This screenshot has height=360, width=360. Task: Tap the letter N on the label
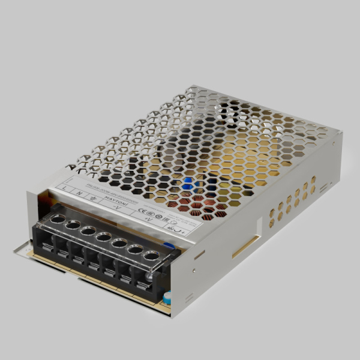click(x=79, y=193)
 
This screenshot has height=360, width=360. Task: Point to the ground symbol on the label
click(x=91, y=196)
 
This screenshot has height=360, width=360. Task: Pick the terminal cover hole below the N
click(x=73, y=224)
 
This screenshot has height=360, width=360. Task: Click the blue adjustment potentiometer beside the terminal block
click(x=169, y=245)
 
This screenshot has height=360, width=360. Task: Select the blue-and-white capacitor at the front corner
click(x=167, y=297)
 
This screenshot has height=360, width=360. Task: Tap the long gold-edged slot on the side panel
click(x=246, y=246)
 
